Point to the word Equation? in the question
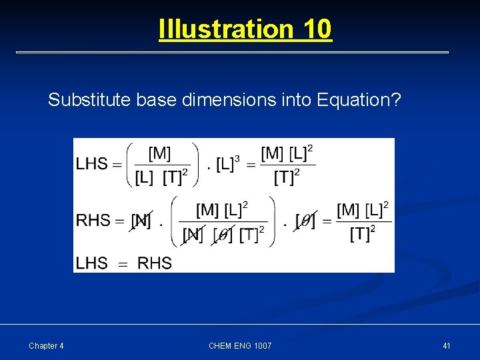tap(359, 100)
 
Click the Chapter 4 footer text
tap(47, 345)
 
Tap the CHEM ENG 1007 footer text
tap(240, 345)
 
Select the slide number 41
tap(447, 345)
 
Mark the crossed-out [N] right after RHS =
tap(141, 221)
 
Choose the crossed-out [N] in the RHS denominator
tap(193, 235)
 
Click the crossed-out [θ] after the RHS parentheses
tap(306, 221)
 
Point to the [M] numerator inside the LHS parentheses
tap(159, 154)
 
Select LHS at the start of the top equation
tap(92, 164)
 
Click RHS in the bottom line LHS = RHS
tap(155, 263)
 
